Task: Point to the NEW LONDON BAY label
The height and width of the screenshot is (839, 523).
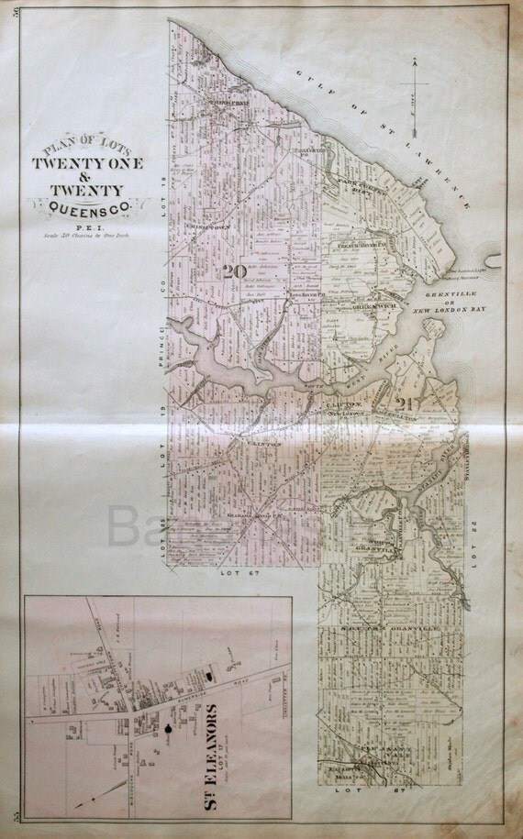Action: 449,311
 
